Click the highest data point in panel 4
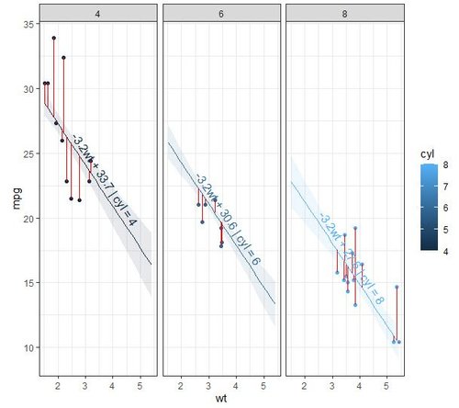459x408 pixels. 54,39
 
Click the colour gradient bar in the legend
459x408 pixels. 429,208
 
